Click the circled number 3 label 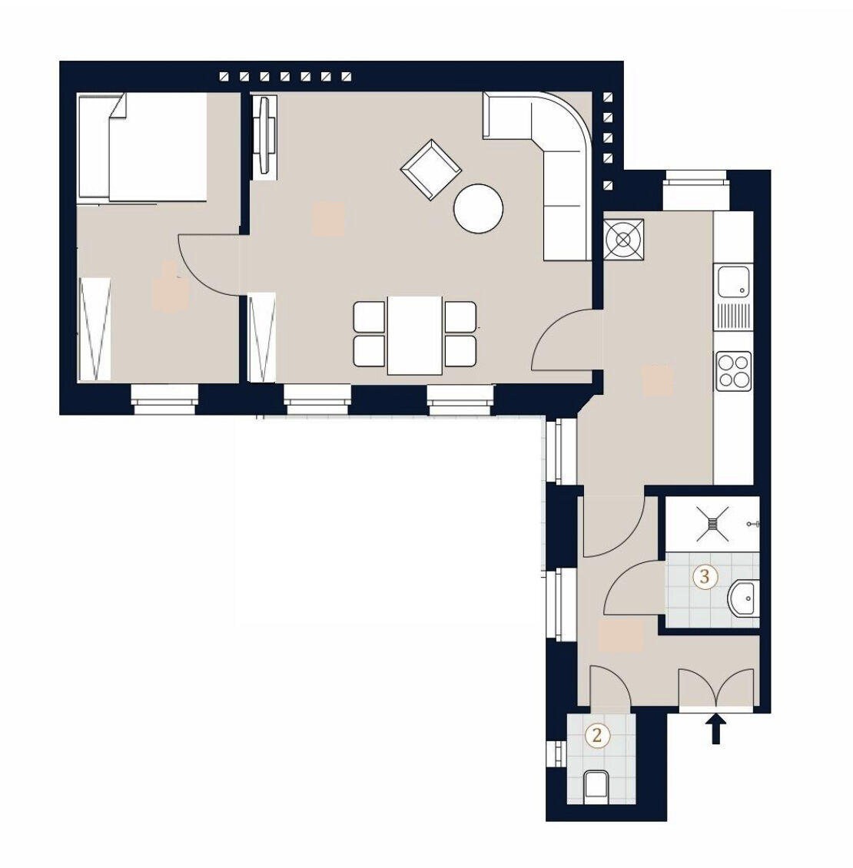click(705, 576)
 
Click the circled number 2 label click(597, 736)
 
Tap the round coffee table click(478, 209)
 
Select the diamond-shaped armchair click(431, 170)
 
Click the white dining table click(415, 336)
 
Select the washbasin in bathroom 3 click(743, 598)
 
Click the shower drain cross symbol click(712, 524)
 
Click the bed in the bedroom click(143, 147)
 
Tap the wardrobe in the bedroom click(95, 329)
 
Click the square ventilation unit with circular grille click(624, 240)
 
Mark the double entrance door click(716, 688)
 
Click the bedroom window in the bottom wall click(164, 399)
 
